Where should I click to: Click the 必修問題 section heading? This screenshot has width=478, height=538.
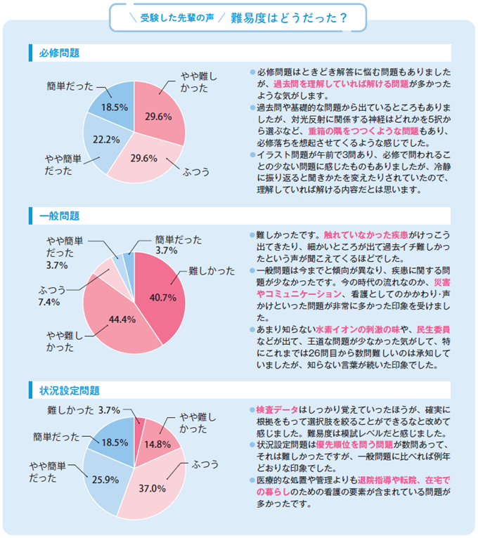[59, 53]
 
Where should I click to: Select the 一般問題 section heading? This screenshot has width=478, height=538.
[59, 215]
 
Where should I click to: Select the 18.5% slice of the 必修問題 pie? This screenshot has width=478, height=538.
[113, 107]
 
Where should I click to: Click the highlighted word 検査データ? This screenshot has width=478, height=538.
[278, 409]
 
